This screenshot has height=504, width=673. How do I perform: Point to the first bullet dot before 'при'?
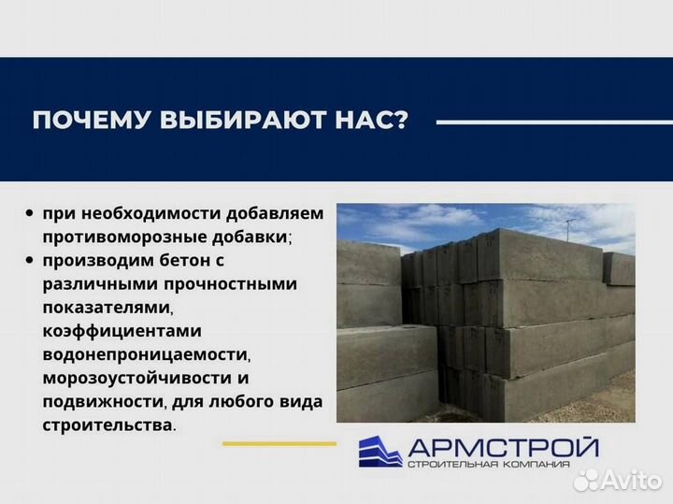pyautogui.click(x=32, y=213)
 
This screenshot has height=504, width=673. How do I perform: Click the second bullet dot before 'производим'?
pyautogui.click(x=32, y=260)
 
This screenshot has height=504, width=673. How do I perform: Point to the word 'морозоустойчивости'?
pyautogui.click(x=139, y=378)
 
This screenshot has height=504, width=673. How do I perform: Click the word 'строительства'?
pyautogui.click(x=106, y=425)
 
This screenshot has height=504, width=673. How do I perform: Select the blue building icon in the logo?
pyautogui.click(x=379, y=451)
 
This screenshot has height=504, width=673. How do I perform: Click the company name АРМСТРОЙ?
pyautogui.click(x=502, y=445)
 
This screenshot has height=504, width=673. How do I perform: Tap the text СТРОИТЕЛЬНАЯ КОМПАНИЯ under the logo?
pyautogui.click(x=502, y=465)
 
